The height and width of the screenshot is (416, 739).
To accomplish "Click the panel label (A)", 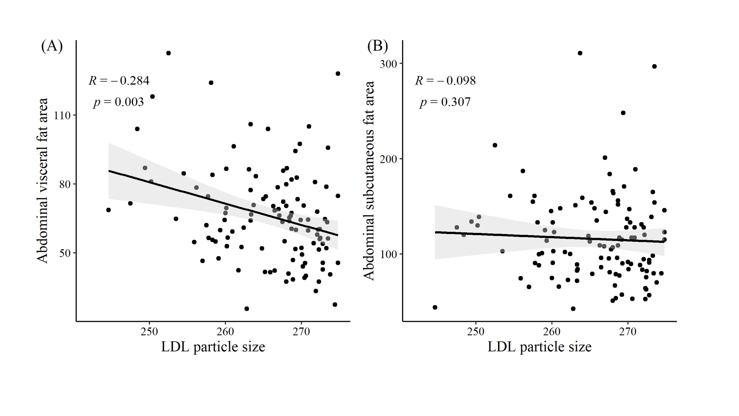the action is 52,46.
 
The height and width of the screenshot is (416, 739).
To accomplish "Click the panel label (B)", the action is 377,46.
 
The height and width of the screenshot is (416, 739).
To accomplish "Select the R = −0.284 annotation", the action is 119,81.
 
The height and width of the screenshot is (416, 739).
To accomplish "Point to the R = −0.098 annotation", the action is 445,81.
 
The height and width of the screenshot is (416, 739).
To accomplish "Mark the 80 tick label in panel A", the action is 65,184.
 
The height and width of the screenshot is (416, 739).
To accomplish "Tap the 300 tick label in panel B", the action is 388,64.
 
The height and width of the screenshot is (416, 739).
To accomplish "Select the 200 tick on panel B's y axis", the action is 388,159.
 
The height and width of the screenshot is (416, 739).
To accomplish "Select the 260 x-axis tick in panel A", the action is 225,332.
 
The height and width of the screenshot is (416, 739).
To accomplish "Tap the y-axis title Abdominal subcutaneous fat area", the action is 369,181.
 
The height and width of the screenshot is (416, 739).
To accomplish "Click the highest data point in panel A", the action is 168,53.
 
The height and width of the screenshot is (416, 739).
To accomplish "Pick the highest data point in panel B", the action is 580,53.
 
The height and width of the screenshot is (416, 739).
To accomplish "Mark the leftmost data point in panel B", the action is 435,307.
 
